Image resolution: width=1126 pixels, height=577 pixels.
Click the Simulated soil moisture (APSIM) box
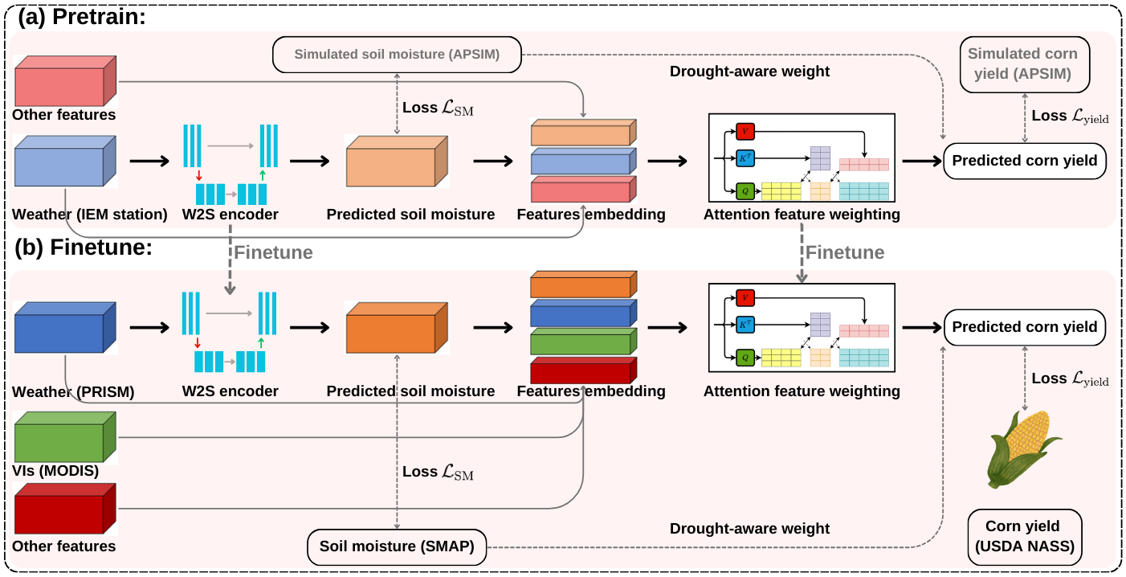click(397, 55)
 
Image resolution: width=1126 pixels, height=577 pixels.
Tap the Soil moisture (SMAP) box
click(397, 546)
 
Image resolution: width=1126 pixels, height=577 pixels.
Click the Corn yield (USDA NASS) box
click(1022, 538)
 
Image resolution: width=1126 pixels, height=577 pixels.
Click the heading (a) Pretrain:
click(80, 16)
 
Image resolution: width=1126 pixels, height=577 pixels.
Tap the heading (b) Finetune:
click(84, 248)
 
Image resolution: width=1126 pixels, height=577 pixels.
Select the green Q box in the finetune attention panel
click(745, 357)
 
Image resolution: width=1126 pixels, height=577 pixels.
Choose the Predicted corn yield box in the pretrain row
click(1024, 161)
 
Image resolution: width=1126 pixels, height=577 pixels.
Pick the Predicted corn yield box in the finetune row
click(1024, 327)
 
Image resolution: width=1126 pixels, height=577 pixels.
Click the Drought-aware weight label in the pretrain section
click(749, 72)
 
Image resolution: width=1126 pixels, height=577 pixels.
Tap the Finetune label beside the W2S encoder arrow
click(273, 252)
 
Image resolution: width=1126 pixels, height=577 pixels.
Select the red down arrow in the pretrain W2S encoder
click(199, 175)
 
